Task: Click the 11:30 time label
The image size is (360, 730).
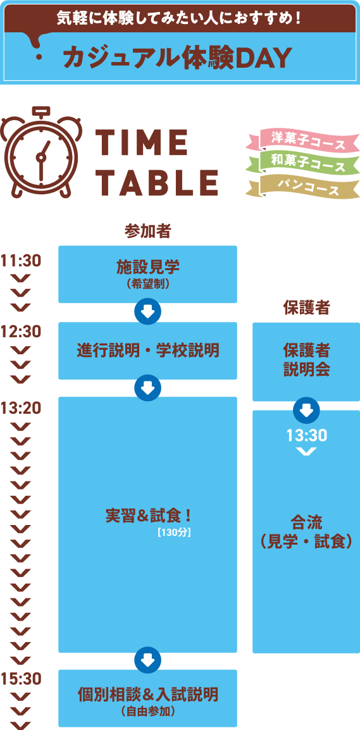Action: coord(22,261)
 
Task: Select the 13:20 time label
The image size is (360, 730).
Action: coord(22,407)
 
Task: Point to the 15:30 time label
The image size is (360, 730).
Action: coord(22,679)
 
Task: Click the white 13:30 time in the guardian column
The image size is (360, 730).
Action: coord(306,436)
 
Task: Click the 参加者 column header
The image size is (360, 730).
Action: coord(147,231)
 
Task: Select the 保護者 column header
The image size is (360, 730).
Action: coord(306,307)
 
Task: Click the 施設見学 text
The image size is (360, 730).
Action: coord(147,267)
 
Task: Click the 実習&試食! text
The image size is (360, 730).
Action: coord(147,516)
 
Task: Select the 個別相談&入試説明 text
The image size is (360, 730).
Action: coord(147,695)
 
